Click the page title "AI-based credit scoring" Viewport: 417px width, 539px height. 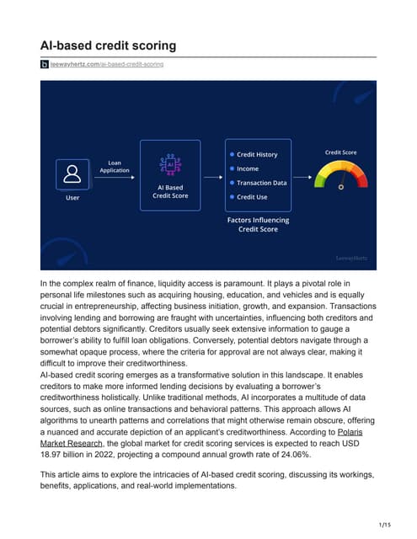[109, 45]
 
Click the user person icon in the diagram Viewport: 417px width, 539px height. [72, 174]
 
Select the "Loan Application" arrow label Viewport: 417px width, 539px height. [115, 166]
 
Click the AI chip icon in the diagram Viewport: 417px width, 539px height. [170, 163]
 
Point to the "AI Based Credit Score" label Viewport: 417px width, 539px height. [170, 191]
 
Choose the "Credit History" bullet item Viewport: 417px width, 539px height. [256, 155]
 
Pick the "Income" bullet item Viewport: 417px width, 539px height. [248, 168]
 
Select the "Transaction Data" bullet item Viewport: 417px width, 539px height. [260, 183]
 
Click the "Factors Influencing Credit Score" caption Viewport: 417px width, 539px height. [258, 225]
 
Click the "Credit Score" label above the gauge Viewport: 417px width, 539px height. [340, 152]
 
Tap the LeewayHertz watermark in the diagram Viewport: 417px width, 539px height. [354, 259]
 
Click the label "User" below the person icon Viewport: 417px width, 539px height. [72, 198]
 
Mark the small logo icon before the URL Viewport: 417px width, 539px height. [45, 64]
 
